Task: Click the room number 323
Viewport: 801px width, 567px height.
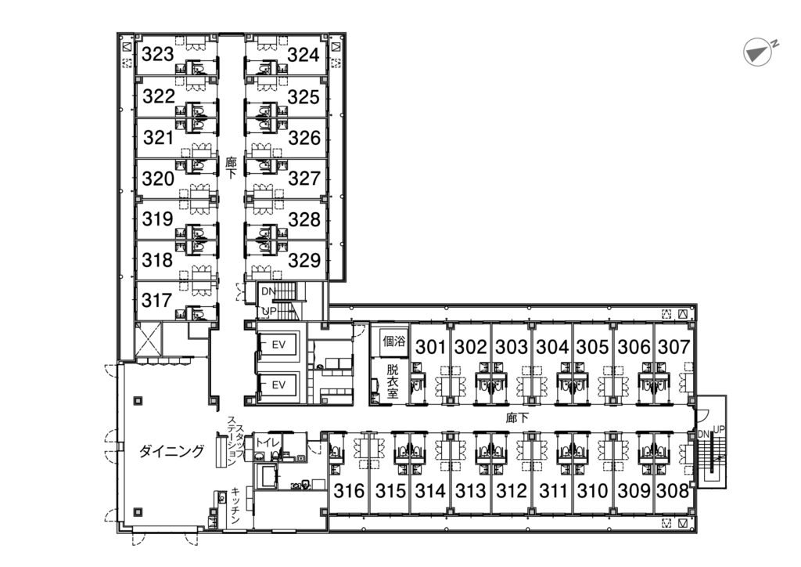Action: click(158, 54)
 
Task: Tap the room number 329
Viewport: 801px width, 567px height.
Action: click(304, 260)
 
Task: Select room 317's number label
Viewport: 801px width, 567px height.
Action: click(156, 300)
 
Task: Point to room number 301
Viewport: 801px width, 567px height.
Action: click(431, 347)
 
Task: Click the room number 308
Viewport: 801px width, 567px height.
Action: click(673, 491)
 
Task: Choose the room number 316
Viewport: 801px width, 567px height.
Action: click(350, 491)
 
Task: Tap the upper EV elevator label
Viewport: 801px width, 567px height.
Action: click(278, 345)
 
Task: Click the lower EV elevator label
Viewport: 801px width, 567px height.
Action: click(278, 385)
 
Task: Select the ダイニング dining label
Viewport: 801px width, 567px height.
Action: click(171, 451)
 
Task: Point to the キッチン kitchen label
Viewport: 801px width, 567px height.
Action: click(235, 505)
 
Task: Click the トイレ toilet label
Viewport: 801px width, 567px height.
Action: click(267, 442)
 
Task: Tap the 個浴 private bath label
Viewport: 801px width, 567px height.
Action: click(394, 341)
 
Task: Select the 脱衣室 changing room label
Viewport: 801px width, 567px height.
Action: click(393, 381)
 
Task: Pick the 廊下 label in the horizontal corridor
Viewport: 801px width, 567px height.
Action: click(517, 418)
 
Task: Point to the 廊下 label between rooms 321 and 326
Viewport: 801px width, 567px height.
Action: click(231, 168)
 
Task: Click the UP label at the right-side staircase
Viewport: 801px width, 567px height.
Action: click(719, 430)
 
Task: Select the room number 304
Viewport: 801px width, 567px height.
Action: click(552, 347)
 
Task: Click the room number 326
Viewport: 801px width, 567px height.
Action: click(304, 138)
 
